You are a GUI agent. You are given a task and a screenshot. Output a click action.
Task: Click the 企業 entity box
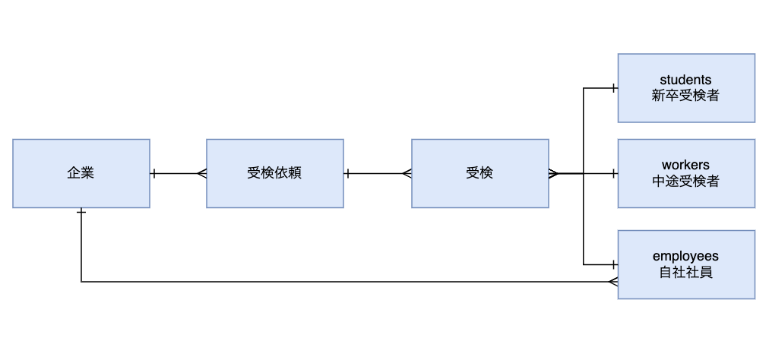click(81, 173)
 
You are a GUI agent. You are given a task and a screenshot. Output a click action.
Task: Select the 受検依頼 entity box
click(274, 173)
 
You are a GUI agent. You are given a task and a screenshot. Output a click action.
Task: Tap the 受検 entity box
click(479, 173)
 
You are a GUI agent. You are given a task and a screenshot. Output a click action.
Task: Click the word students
click(685, 80)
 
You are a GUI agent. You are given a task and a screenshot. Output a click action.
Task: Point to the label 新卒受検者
click(685, 96)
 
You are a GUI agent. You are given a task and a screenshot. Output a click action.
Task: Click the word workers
click(685, 165)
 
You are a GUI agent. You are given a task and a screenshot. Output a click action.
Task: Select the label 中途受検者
click(685, 181)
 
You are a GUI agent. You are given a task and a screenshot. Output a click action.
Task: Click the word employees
click(685, 257)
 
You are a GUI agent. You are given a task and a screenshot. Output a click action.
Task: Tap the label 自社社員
click(685, 273)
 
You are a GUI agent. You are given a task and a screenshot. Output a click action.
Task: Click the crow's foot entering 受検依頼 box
click(201, 173)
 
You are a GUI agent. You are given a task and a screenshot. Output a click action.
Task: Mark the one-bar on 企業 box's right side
click(154, 173)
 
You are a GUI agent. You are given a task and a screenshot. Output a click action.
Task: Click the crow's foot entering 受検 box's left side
click(407, 173)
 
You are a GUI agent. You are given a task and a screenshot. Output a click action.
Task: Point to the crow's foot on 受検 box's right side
click(553, 173)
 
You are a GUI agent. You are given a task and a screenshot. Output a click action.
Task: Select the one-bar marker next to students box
click(612, 88)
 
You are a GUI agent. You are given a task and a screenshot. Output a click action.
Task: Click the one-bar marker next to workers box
click(612, 173)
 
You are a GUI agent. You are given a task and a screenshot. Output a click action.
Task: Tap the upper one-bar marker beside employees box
click(612, 264)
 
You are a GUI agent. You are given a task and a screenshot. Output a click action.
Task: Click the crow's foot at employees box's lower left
click(612, 282)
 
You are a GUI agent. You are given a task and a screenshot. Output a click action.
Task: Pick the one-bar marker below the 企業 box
click(81, 212)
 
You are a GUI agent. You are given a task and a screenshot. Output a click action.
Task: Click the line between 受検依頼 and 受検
click(377, 173)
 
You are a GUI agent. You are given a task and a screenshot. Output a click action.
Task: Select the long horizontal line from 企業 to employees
click(342, 282)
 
